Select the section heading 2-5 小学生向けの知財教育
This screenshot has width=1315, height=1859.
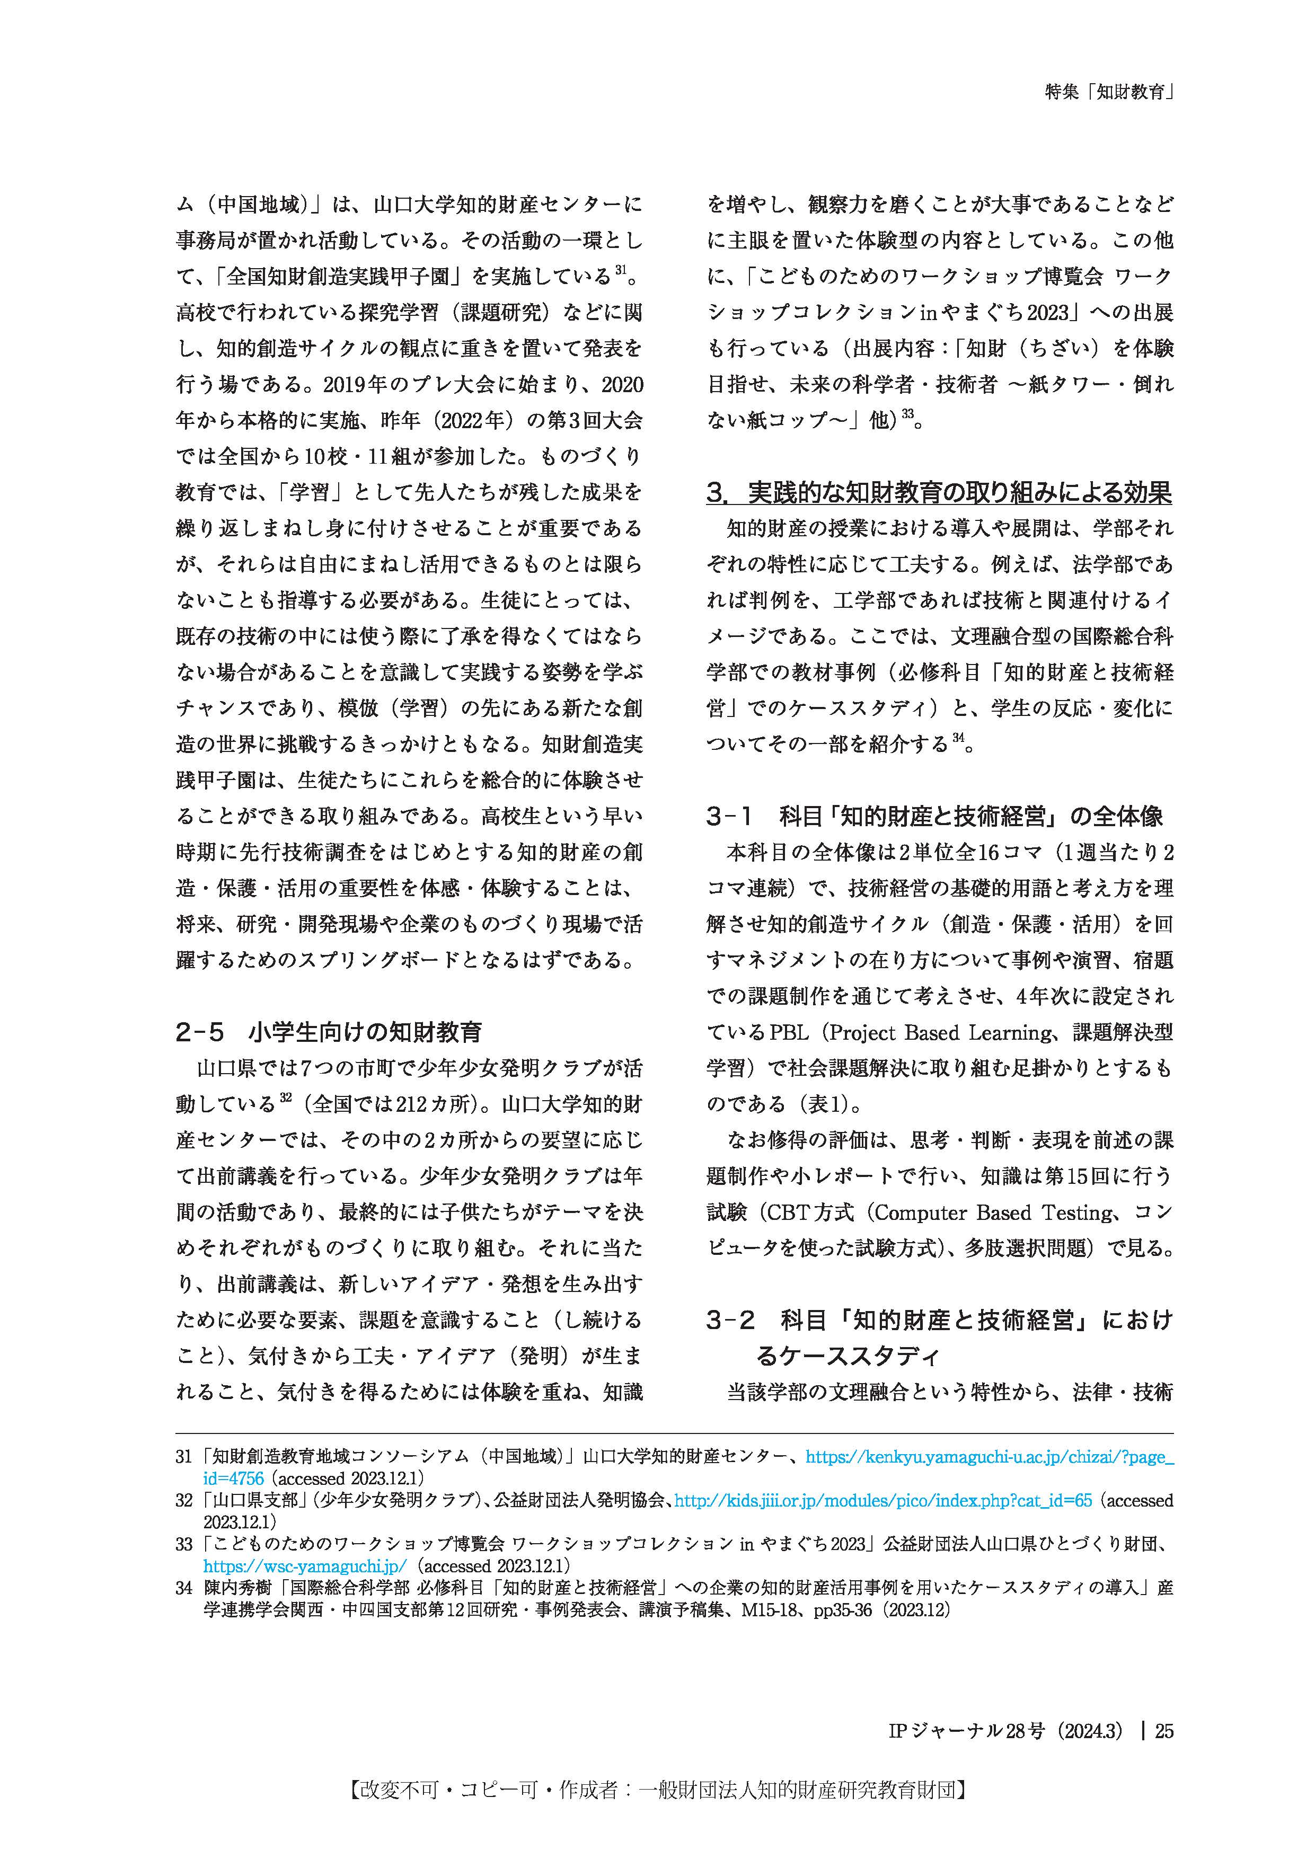pyautogui.click(x=329, y=1032)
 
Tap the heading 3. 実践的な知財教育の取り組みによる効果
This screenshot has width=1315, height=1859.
pyautogui.click(x=939, y=492)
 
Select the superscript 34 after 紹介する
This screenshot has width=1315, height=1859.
pyautogui.click(x=959, y=738)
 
